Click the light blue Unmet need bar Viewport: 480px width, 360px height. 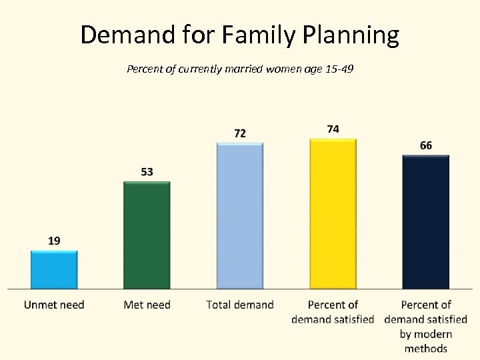(54, 269)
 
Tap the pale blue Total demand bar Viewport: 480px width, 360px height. (240, 215)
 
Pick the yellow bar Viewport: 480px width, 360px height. (333, 213)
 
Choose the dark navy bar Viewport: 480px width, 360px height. (425, 221)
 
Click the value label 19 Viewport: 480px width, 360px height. (54, 241)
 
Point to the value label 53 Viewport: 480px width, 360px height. (147, 171)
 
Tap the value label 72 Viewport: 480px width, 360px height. (240, 133)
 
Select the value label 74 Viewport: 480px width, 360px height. (333, 129)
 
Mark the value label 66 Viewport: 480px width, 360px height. (426, 145)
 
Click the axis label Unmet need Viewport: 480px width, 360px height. (54, 305)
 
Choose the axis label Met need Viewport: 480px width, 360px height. (147, 305)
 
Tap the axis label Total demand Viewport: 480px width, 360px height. (240, 305)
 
